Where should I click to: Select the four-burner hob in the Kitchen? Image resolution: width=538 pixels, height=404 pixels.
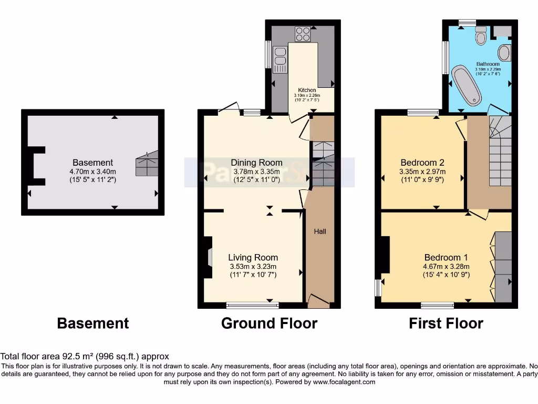(303, 34)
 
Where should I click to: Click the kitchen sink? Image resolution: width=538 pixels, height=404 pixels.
(279, 57)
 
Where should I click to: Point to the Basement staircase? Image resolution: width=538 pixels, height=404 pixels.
(147, 164)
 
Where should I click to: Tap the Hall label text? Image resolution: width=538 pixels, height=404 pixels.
(320, 231)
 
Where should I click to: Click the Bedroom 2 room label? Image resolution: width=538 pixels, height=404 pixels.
(423, 162)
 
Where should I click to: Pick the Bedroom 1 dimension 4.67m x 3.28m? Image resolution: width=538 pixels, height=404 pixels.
(447, 266)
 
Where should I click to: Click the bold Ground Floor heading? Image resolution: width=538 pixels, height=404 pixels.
(269, 323)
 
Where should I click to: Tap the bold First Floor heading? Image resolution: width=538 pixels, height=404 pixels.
(446, 323)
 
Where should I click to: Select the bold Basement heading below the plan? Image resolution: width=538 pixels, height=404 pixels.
(92, 323)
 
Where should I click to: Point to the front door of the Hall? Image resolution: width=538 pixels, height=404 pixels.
(318, 301)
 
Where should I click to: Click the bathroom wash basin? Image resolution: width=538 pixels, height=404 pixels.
(503, 53)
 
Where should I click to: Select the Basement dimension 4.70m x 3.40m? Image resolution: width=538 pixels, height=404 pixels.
(93, 171)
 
